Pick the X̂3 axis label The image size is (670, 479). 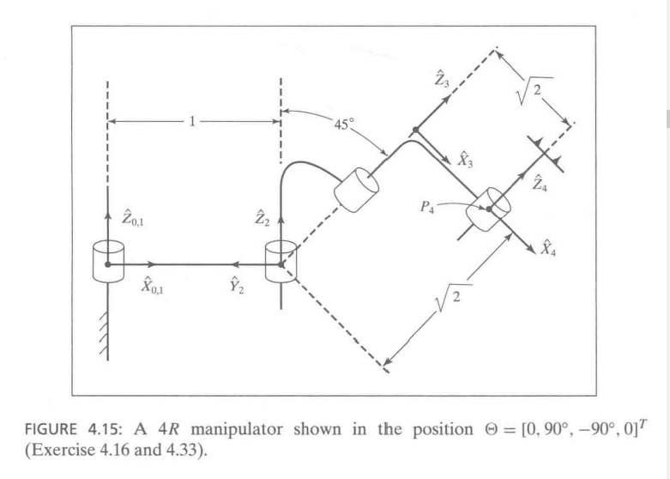[x=464, y=157]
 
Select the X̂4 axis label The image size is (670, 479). [x=552, y=250]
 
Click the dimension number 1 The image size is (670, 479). [x=193, y=121]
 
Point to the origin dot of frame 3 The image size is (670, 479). [x=415, y=130]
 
